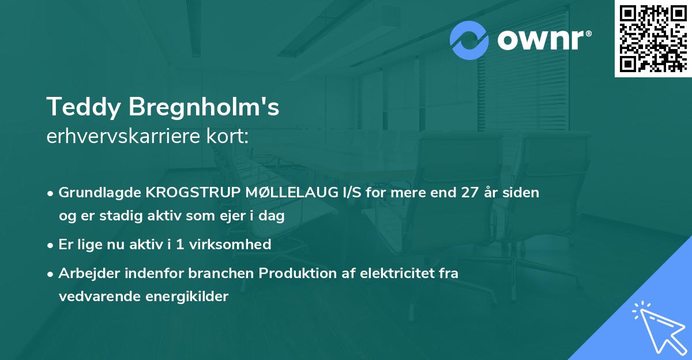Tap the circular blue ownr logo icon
pyautogui.click(x=469, y=40)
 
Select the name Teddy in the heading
pyautogui.click(x=83, y=107)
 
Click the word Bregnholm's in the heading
pyautogui.click(x=204, y=107)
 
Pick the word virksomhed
pyautogui.click(x=233, y=245)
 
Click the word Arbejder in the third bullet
pyautogui.click(x=85, y=273)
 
